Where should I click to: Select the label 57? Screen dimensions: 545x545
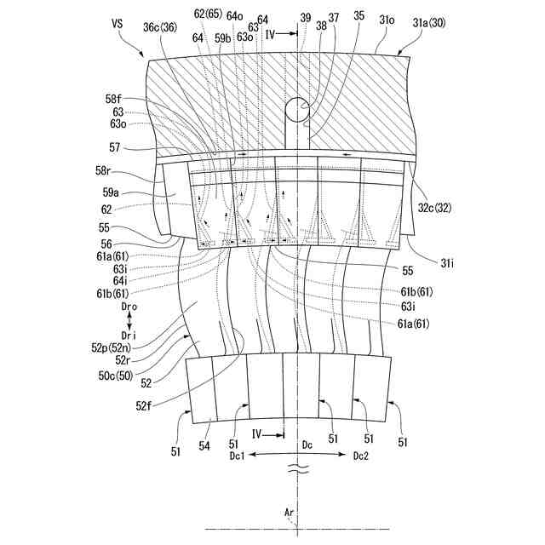(x=116, y=146)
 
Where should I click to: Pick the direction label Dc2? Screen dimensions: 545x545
(x=362, y=456)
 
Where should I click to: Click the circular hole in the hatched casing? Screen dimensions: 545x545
(x=295, y=108)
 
